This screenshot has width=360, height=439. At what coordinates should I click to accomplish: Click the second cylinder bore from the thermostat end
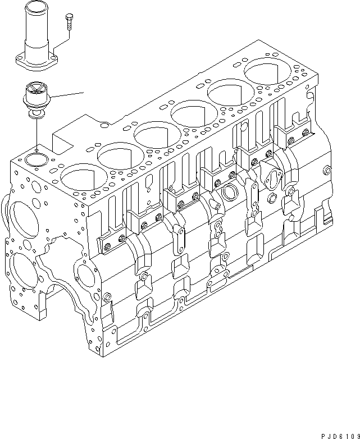119,155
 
